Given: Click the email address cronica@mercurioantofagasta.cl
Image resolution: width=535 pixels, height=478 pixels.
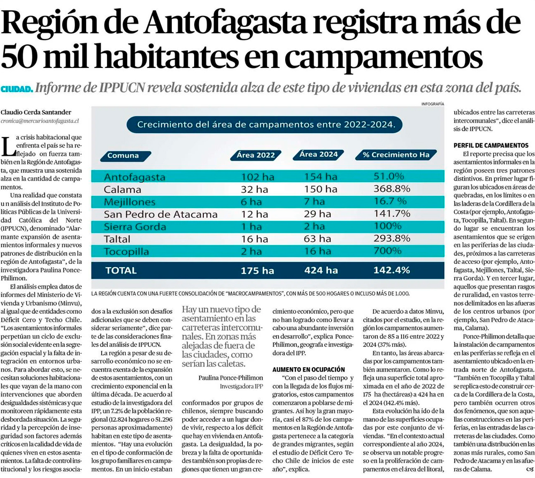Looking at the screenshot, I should pos(40,122).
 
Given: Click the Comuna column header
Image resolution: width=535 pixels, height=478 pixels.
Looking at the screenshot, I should pos(123,156).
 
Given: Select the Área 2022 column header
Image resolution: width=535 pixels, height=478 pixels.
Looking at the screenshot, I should pos(256,155).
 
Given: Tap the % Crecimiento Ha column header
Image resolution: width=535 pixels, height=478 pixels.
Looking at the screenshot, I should pos(396,155).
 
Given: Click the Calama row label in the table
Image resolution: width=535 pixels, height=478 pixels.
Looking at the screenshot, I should pos(123,189).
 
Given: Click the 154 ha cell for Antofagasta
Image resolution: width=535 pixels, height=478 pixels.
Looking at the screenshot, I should pos(320,176).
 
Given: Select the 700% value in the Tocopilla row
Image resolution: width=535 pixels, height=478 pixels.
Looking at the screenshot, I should pos(388,252).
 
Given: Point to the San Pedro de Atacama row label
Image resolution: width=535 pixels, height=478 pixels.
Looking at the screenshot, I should pos(160,214).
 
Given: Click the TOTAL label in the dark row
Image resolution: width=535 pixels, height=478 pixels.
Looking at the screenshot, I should pos(121,271).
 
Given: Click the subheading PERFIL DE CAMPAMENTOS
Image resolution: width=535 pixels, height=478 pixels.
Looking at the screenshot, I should pos(491,145).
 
